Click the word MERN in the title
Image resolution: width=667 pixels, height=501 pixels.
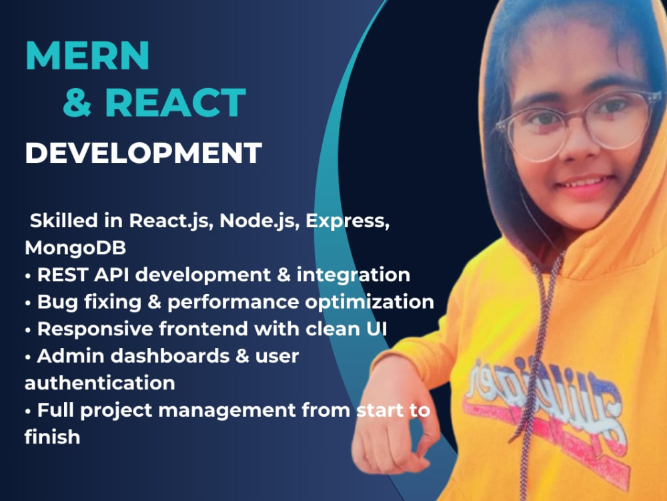tap(87, 56)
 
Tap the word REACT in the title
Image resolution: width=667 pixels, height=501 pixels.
tap(175, 104)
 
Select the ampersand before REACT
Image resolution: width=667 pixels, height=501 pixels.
tap(77, 104)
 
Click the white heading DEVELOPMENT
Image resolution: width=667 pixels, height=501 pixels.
tap(143, 153)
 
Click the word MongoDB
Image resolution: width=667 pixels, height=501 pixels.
tap(76, 247)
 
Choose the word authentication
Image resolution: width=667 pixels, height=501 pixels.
tap(100, 383)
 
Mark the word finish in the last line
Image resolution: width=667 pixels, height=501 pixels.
tap(52, 438)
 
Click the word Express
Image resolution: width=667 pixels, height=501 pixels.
tap(347, 220)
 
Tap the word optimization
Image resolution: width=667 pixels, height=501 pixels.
tap(370, 301)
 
